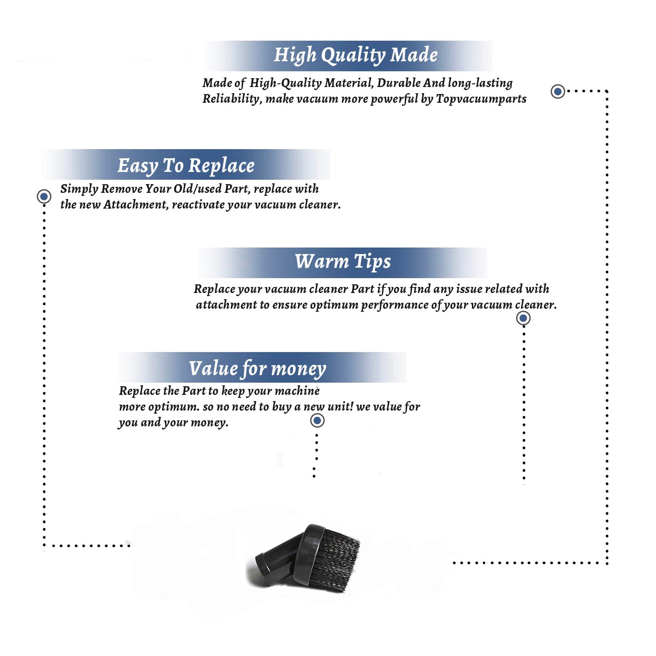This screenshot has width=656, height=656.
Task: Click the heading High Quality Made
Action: pyautogui.click(x=356, y=56)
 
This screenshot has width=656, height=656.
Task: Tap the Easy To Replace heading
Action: pyautogui.click(x=186, y=166)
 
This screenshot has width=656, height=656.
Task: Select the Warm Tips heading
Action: pyautogui.click(x=343, y=262)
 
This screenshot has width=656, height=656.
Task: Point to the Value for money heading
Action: pyautogui.click(x=258, y=369)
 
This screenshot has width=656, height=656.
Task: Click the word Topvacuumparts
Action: pyautogui.click(x=481, y=99)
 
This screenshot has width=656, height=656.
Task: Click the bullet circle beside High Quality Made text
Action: pyautogui.click(x=558, y=91)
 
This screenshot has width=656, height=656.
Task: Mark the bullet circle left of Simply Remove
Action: pyautogui.click(x=44, y=196)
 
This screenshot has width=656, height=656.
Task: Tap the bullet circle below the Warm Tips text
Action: pyautogui.click(x=523, y=318)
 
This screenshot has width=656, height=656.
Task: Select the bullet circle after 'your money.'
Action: pyautogui.click(x=317, y=421)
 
